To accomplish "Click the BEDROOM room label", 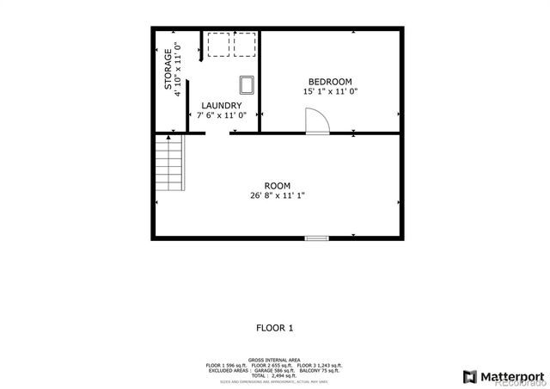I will point(329,81).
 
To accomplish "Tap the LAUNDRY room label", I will point(221,105).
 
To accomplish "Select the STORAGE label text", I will point(168,71).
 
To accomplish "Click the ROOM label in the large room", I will point(277,186).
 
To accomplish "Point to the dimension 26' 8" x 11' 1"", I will point(277,195).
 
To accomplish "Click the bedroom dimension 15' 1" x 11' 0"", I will point(329,91).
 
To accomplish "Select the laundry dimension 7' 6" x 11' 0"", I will point(222,114).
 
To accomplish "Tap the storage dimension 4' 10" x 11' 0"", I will point(178,71).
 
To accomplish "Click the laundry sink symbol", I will point(247,83).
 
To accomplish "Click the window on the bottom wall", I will point(316,238).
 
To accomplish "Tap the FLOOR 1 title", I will point(275,327).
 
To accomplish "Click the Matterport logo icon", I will point(469,376).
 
